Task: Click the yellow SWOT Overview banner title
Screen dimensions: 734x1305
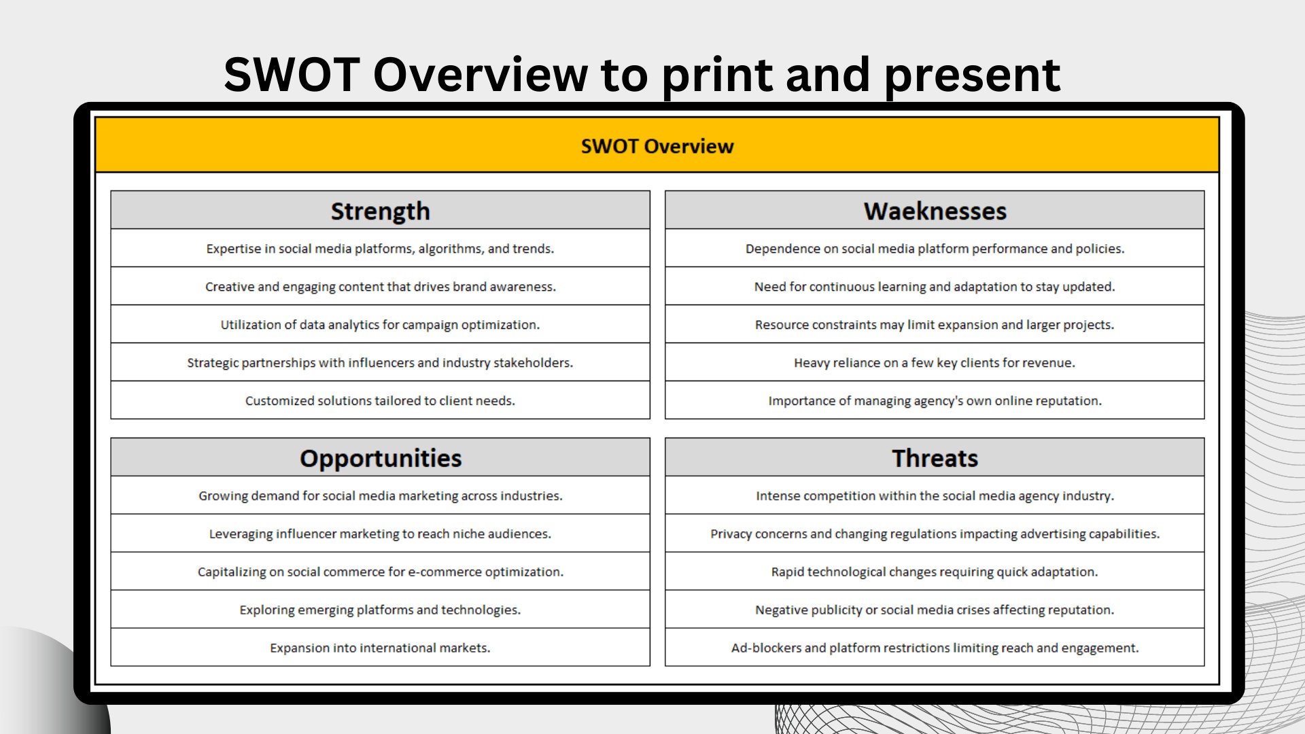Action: click(657, 146)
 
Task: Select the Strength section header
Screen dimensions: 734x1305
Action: click(380, 211)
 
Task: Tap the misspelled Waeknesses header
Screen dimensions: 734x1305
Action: click(935, 211)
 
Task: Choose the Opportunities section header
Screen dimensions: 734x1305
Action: click(380, 458)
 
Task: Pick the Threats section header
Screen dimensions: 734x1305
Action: click(935, 458)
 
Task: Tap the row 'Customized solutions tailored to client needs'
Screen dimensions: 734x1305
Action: click(380, 400)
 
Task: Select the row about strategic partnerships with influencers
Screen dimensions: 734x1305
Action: click(380, 362)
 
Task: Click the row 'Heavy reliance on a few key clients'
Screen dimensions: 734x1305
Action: click(935, 362)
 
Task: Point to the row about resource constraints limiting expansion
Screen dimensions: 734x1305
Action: click(935, 324)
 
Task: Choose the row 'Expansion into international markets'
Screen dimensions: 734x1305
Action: click(380, 648)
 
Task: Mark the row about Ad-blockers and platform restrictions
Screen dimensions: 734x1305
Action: click(935, 648)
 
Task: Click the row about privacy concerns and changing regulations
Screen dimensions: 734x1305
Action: click(935, 534)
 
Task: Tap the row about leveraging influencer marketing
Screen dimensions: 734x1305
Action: click(380, 534)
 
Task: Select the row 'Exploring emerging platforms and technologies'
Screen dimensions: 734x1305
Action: click(380, 610)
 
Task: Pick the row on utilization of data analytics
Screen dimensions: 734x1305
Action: click(380, 324)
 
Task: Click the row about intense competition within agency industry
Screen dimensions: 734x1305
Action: click(935, 495)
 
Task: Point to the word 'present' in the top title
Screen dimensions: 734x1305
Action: click(972, 75)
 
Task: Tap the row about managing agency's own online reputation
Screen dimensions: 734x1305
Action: click(935, 400)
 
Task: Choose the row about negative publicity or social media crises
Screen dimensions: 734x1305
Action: click(935, 610)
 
